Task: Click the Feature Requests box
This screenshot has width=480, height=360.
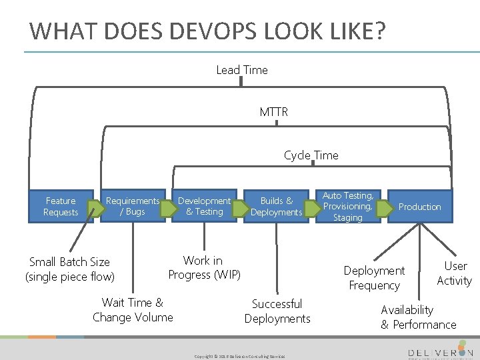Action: coord(61,207)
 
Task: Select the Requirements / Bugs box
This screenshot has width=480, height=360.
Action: coord(133,206)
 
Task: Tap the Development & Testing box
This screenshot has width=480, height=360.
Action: coord(204,206)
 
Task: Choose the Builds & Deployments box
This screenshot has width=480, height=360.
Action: coord(276,206)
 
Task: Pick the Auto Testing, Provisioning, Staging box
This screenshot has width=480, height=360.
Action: coord(347,207)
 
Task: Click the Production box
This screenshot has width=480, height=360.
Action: coord(419,207)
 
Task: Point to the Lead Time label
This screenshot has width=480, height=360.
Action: coord(242,70)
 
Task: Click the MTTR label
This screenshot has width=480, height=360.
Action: coord(274,112)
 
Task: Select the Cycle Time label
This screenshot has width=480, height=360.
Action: coord(311,155)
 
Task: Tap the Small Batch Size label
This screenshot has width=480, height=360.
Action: coord(69,269)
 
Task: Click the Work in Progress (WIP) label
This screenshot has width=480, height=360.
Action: coord(204,267)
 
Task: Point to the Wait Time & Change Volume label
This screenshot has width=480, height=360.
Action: coord(133,310)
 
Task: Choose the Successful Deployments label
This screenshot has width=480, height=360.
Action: coord(277,311)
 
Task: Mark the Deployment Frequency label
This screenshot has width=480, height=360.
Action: coord(374,278)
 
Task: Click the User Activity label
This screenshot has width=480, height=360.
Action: coord(454,273)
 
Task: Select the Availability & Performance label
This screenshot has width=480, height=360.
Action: coord(418,317)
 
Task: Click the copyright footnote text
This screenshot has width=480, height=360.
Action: coord(239,356)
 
